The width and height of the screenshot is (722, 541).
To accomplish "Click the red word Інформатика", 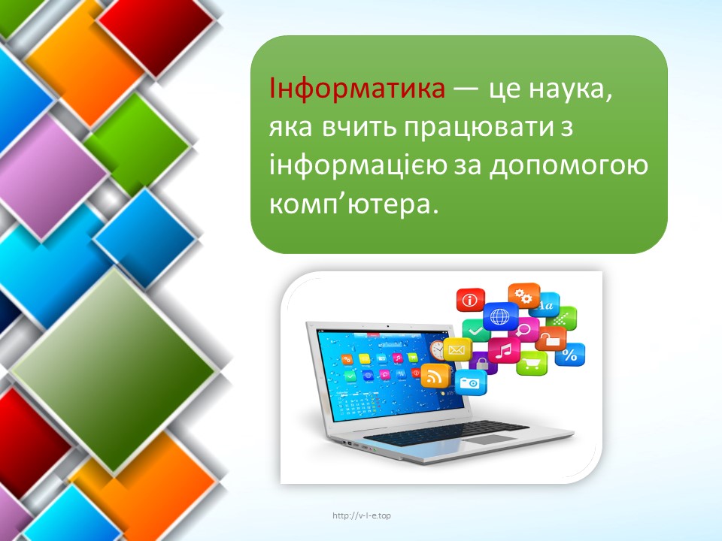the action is (x=357, y=89).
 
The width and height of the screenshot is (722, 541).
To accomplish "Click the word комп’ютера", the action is (x=353, y=204).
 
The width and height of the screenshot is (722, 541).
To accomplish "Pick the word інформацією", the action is (x=358, y=165).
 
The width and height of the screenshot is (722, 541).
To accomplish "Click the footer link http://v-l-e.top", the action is (x=362, y=515).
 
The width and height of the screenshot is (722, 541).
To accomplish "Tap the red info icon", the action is (x=470, y=300).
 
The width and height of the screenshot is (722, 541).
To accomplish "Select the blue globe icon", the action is (x=500, y=316).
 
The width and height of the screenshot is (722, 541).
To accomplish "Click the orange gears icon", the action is (x=524, y=296).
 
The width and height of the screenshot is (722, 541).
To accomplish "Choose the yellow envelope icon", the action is (x=457, y=349).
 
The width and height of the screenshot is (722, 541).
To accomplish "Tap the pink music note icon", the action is (x=505, y=351).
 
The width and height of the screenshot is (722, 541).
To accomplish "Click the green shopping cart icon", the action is (x=532, y=364).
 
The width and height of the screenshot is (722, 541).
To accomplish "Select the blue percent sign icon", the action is (x=569, y=355).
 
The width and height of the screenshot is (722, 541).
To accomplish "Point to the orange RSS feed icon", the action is (x=435, y=376).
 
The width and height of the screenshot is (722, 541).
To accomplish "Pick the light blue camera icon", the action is (x=471, y=382).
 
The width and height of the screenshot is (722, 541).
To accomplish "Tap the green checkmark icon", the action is (x=475, y=331).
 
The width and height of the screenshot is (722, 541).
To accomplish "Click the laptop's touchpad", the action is (x=488, y=440).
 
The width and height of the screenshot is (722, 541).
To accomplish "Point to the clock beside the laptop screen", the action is (x=437, y=351).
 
